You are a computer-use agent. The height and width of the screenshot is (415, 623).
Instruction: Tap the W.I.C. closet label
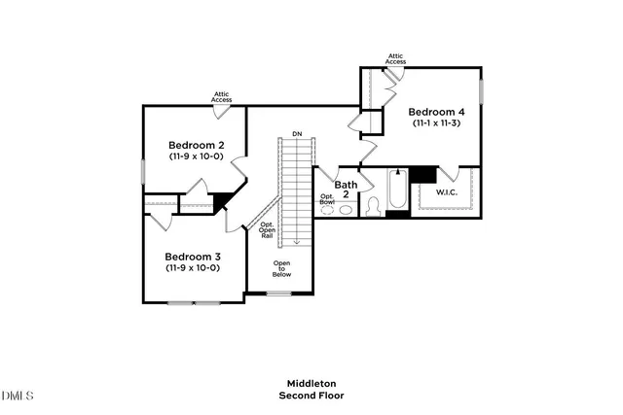tap(446, 192)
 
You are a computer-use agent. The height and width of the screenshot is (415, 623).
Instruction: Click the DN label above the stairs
tap(296, 133)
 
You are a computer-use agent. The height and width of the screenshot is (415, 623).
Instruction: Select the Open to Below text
tap(281, 269)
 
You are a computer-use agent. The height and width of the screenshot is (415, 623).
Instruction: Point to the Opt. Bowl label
tap(327, 200)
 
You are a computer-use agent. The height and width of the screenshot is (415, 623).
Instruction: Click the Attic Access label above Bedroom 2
tap(222, 97)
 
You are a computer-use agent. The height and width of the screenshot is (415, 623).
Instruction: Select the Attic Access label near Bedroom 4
tap(395, 59)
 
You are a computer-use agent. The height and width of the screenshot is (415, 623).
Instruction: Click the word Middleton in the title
tap(311, 384)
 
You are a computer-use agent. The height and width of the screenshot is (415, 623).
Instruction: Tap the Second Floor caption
tap(311, 396)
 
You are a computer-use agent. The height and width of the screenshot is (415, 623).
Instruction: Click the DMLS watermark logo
tap(18, 396)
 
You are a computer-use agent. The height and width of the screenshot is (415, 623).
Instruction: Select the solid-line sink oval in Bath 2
tap(346, 209)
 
